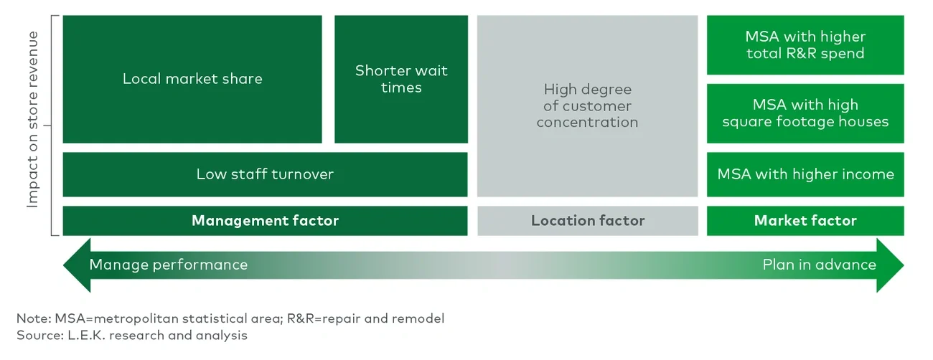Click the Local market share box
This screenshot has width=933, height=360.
(192, 79)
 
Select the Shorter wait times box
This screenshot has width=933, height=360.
(401, 79)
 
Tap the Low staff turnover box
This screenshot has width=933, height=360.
(265, 174)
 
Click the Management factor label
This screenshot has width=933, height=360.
(265, 221)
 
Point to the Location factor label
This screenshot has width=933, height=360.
(588, 221)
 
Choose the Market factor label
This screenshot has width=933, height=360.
(805, 221)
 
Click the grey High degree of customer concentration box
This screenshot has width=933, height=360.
(587, 105)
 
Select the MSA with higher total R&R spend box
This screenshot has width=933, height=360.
(805, 45)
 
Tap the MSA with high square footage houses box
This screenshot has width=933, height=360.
(805, 113)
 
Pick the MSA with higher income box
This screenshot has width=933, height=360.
(805, 174)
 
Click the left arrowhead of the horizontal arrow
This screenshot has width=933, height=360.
(75, 265)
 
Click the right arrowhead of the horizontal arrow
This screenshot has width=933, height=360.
(891, 265)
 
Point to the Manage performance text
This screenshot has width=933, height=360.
(169, 265)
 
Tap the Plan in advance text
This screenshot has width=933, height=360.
(819, 265)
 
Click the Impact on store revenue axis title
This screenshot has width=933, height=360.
(32, 120)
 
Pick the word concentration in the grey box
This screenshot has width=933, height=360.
(587, 123)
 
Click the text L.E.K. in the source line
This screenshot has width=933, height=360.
(85, 335)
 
